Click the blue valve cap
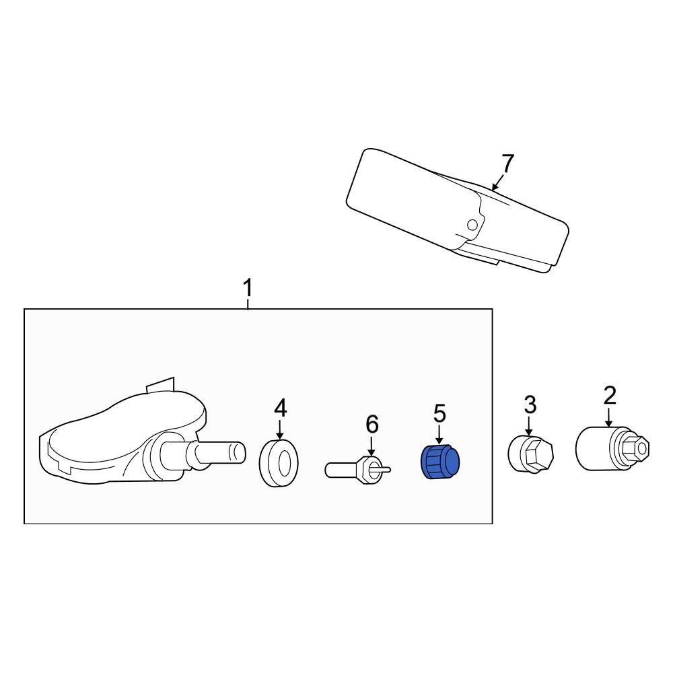[x=440, y=462]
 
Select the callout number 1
[x=248, y=288]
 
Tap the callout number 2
[x=610, y=395]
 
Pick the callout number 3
[x=530, y=405]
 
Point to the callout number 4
[x=280, y=408]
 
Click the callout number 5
[x=439, y=413]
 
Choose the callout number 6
[x=371, y=425]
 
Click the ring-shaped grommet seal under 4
[x=279, y=463]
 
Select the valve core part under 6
[x=358, y=470]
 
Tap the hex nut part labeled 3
[x=530, y=454]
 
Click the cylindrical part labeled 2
[x=612, y=448]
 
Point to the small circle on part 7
[x=472, y=225]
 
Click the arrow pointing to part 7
[x=497, y=182]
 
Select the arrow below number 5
[x=439, y=434]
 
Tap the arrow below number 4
[x=280, y=429]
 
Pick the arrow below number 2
[x=610, y=417]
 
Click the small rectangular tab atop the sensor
[x=161, y=385]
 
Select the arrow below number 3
[x=529, y=426]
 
